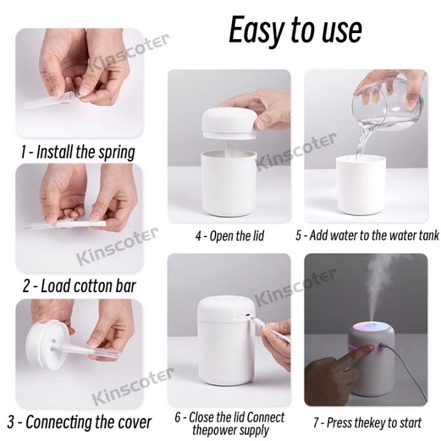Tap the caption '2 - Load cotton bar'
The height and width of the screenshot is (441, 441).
tap(78, 286)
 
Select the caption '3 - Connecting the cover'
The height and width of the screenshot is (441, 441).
tap(79, 421)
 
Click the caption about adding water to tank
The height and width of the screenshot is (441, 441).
tap(367, 236)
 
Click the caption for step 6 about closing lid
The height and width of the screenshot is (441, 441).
tap(230, 423)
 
